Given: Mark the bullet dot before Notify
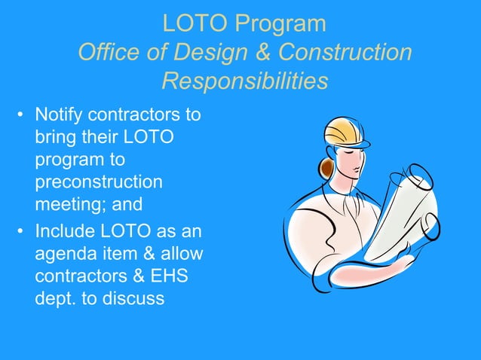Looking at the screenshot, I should (x=22, y=117).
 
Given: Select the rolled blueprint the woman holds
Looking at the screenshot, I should (x=403, y=207).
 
